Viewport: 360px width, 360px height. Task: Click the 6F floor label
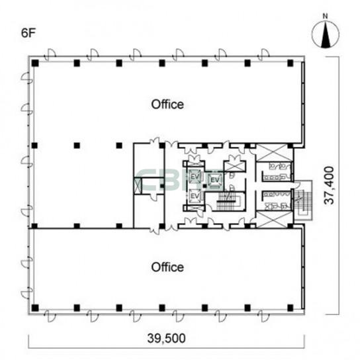pyautogui.click(x=28, y=33)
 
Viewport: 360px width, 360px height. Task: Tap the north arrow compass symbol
pyautogui.click(x=326, y=34)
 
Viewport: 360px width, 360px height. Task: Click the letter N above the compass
pyautogui.click(x=325, y=16)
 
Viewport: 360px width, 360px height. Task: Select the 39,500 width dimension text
pyautogui.click(x=167, y=338)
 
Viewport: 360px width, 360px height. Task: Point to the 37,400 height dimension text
pyautogui.click(x=330, y=185)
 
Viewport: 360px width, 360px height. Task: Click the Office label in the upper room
pyautogui.click(x=167, y=105)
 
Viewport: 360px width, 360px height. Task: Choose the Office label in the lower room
pyautogui.click(x=167, y=267)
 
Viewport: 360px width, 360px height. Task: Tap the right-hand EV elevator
pyautogui.click(x=215, y=180)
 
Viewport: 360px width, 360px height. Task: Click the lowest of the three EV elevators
pyautogui.click(x=195, y=196)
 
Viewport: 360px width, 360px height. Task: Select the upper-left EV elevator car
pyautogui.click(x=195, y=177)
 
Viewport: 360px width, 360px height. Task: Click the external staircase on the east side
pyautogui.click(x=303, y=201)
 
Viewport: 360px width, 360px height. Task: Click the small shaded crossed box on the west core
pyautogui.click(x=138, y=186)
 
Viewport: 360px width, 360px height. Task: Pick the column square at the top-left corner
pyautogui.click(x=35, y=63)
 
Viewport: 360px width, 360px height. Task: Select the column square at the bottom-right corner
pyautogui.click(x=291, y=308)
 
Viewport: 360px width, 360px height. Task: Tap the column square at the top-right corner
pyautogui.click(x=291, y=63)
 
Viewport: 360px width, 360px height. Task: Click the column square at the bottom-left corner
pyautogui.click(x=35, y=308)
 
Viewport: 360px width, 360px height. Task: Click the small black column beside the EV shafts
pyautogui.click(x=204, y=186)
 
